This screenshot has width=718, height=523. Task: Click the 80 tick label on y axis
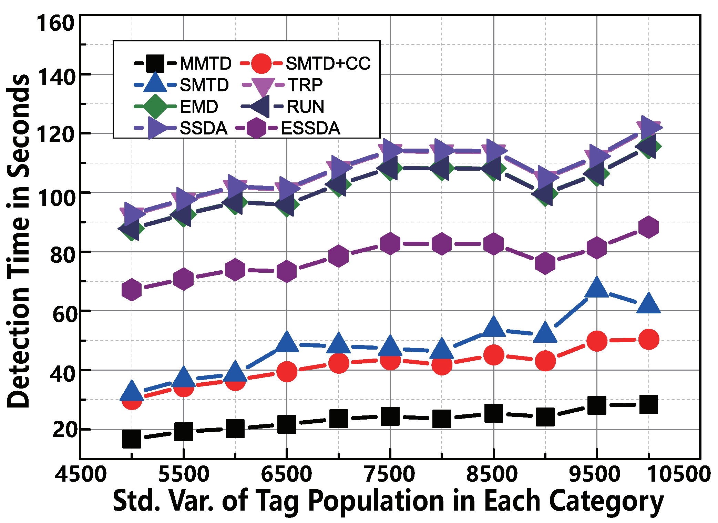pos(62,255)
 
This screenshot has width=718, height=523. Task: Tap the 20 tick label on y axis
pos(63,430)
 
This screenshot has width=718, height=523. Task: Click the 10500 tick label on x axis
pos(678,474)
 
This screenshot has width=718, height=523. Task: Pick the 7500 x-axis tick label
pos(390,474)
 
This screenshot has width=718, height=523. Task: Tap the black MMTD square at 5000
pos(132,439)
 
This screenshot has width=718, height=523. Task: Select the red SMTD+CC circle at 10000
pos(648,339)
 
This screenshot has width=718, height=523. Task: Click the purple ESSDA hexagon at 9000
pos(545,263)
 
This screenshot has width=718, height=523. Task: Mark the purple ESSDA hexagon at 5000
pos(132,290)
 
